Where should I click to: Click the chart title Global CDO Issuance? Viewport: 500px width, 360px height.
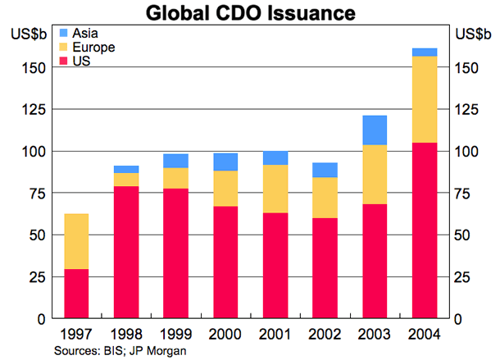[x=250, y=13]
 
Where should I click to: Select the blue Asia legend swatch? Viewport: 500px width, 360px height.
[x=65, y=33]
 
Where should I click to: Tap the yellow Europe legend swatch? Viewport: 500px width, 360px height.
[x=65, y=48]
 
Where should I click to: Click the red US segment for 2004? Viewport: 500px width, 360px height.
[x=424, y=230]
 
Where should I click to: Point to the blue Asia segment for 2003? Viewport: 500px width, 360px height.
[x=375, y=130]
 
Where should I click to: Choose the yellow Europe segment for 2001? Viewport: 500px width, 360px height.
[x=275, y=189]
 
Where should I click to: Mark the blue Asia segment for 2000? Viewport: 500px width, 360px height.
[x=225, y=162]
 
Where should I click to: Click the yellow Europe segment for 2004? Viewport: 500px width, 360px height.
[x=424, y=99]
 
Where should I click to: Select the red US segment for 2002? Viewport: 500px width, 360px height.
[x=325, y=267]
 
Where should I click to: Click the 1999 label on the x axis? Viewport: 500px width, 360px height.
[x=175, y=335]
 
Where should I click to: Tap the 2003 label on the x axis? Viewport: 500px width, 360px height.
[x=375, y=335]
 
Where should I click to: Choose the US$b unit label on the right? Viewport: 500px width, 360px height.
[x=473, y=34]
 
